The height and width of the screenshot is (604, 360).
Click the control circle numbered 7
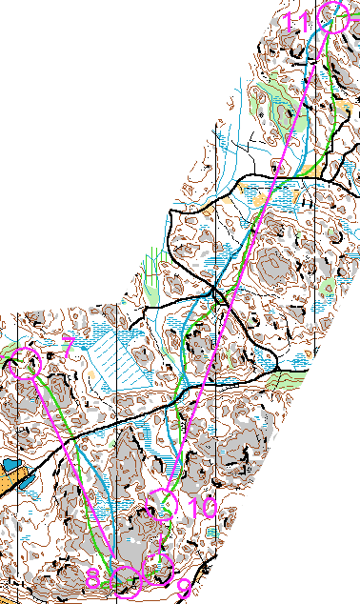[x=27, y=363]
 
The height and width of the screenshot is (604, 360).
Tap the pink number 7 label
[x=67, y=346]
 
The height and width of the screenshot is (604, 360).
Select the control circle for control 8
[x=127, y=575]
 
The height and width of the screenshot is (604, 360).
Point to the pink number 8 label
[x=93, y=579]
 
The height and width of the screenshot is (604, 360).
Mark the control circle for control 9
[x=154, y=564]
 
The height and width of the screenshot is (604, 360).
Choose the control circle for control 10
[x=167, y=503]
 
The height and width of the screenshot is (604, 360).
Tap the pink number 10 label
[x=202, y=509]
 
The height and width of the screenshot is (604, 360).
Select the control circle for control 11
[x=333, y=17]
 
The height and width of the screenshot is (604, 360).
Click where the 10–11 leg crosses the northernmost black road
[x=277, y=176]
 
